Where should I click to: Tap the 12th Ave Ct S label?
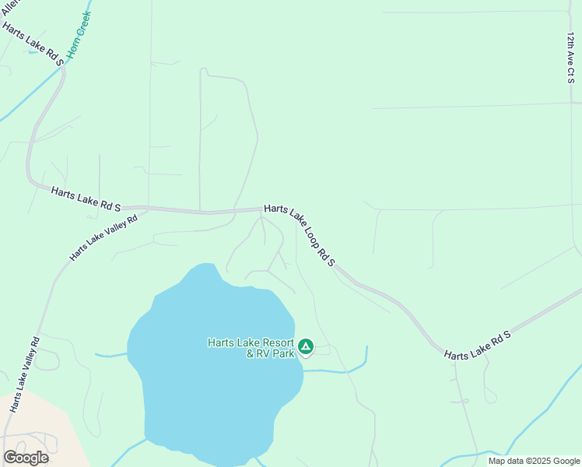click(571, 56)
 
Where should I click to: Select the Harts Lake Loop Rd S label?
click(300, 235)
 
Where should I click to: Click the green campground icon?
click(306, 346)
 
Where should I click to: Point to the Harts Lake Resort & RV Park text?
click(251, 348)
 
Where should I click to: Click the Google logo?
click(26, 458)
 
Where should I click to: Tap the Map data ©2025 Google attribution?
click(535, 461)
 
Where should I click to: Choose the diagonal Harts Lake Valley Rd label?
click(103, 237)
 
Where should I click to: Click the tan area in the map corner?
click(31, 424)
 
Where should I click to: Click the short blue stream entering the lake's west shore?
click(110, 356)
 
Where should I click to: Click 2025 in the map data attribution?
click(538, 461)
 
